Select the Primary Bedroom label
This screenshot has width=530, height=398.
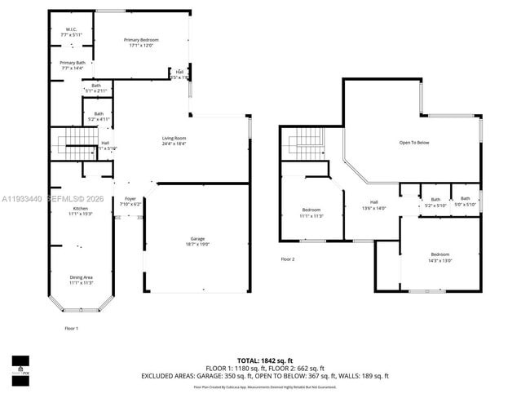coord(140,42)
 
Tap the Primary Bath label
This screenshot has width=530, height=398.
coord(72,65)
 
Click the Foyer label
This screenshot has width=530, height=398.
coord(130,201)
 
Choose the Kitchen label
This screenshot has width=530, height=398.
coord(82,211)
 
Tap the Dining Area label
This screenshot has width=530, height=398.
coord(81,280)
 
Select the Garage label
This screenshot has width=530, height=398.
coord(196,241)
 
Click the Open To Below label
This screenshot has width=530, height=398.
coord(413,143)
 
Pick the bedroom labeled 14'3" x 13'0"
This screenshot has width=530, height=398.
coord(439,259)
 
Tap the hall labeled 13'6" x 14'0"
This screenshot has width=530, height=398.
coord(373,205)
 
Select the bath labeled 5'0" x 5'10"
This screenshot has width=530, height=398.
coord(465,201)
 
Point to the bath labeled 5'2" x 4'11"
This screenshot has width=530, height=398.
coord(99,116)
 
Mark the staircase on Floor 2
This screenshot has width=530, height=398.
coord(305,145)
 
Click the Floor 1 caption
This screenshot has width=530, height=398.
coord(72,328)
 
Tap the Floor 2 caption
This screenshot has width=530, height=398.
coord(288,259)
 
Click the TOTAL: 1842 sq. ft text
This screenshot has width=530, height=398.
coord(265,360)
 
